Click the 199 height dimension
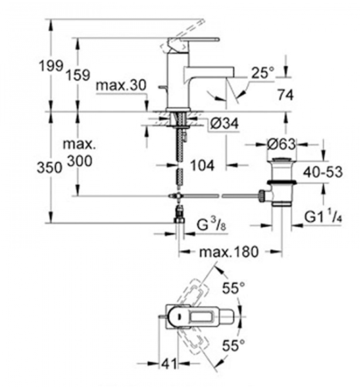coord(51,66)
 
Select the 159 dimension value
coord(78,75)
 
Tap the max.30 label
coord(121,85)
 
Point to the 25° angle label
coord(263,73)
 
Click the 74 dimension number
coord(285,95)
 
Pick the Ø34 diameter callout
coord(224,123)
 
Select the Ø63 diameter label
coord(281,144)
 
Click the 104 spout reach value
coord(203,166)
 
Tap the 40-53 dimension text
coord(323,172)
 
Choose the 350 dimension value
coord(49,168)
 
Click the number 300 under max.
coord(80,161)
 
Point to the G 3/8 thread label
coord(211,224)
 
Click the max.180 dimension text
coord(228,252)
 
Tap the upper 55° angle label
coord(233,288)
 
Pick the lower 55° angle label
coord(233,345)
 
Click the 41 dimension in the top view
coord(169,364)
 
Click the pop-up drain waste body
coord(281,182)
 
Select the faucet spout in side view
coord(208,73)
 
